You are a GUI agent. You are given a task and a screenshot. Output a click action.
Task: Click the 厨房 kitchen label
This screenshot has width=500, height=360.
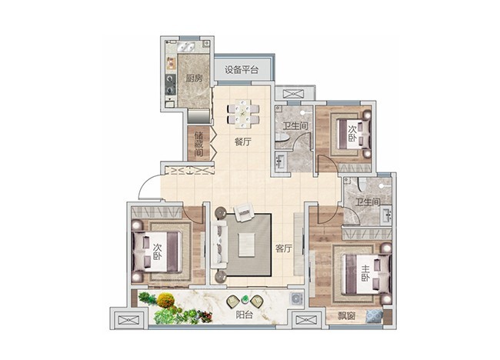pyautogui.click(x=194, y=78)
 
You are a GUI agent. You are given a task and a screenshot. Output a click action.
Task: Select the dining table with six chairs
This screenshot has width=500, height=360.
pyautogui.click(x=243, y=114)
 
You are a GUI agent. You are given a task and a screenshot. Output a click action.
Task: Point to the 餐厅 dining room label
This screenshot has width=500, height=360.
pyautogui.click(x=243, y=142)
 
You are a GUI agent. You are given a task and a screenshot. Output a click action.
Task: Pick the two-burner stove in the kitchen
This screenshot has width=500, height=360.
pyautogui.click(x=170, y=82)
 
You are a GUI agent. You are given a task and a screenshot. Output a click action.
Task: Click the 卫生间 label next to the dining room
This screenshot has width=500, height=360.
pyautogui.click(x=295, y=128)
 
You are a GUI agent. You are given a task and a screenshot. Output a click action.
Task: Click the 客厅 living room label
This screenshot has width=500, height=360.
pyautogui.click(x=283, y=248)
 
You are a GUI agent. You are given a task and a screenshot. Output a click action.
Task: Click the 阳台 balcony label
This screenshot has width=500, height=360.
pyautogui.click(x=245, y=315)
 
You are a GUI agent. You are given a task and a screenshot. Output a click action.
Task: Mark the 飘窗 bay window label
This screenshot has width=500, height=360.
pyautogui.click(x=336, y=316)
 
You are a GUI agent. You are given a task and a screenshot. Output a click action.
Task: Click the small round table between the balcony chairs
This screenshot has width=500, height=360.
pyautogui.click(x=245, y=299)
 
